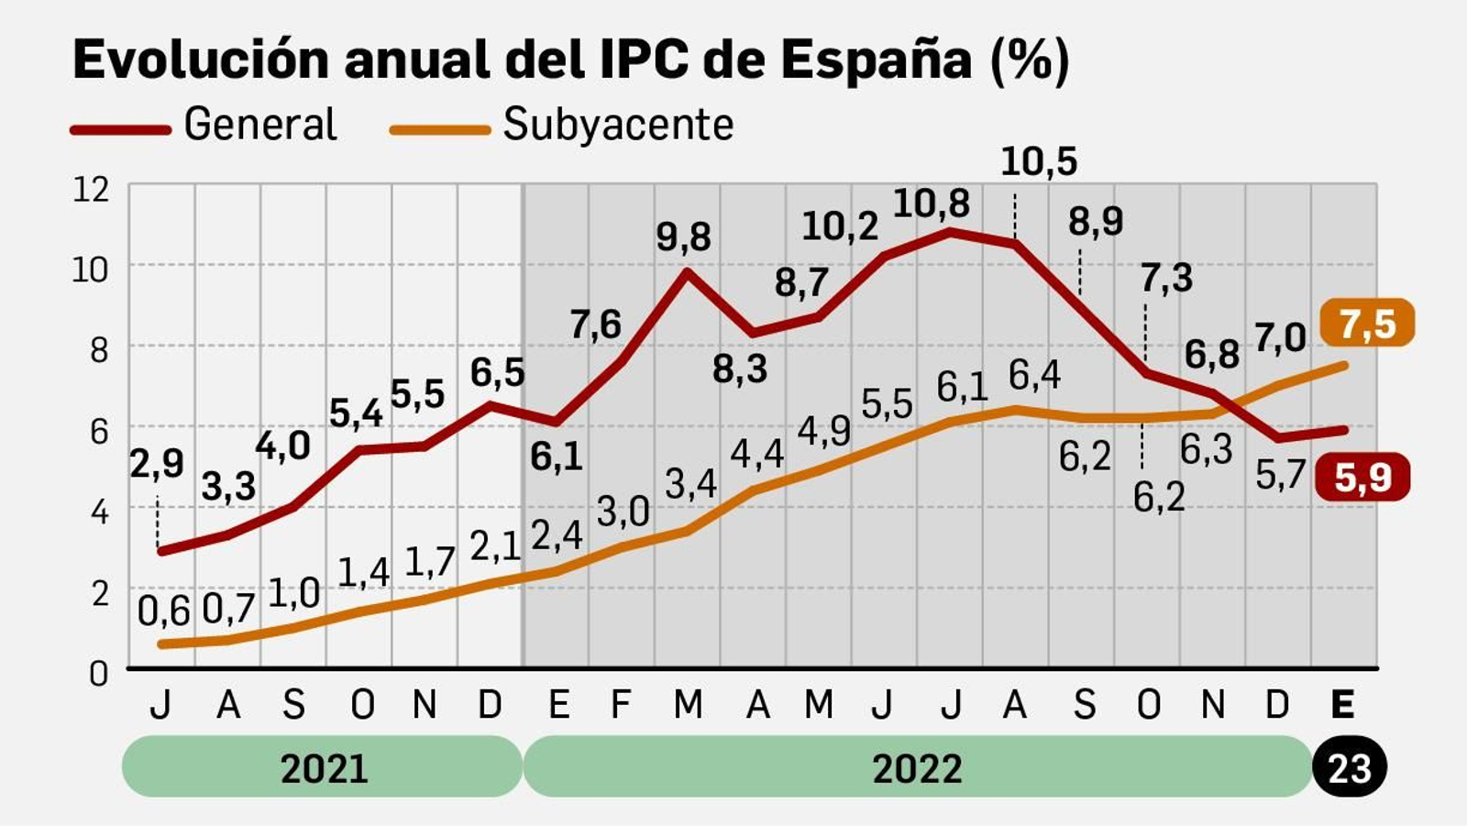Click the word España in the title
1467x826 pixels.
click(x=875, y=61)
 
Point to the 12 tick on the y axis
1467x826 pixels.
click(x=91, y=190)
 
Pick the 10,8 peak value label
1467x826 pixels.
click(x=931, y=204)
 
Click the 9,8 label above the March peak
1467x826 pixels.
click(x=683, y=237)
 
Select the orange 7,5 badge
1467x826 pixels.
click(x=1366, y=324)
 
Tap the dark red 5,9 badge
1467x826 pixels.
click(x=1362, y=478)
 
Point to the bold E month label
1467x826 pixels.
click(x=1341, y=705)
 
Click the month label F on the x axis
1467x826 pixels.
click(x=621, y=705)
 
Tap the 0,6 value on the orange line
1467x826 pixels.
click(x=163, y=611)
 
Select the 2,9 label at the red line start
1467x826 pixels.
click(x=156, y=465)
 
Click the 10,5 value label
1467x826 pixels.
click(x=1038, y=162)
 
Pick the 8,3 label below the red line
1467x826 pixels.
click(x=739, y=369)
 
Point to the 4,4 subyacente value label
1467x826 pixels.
click(x=756, y=454)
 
